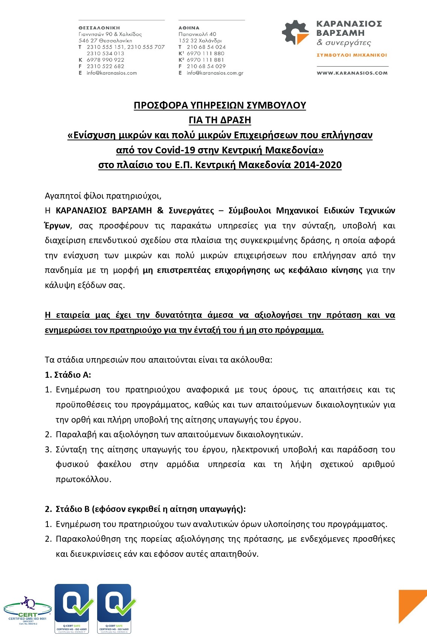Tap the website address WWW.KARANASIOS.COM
(352, 73)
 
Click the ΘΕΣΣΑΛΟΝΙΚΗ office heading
(99, 28)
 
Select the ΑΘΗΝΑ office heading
(189, 28)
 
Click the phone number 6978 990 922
(105, 60)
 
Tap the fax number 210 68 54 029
(206, 66)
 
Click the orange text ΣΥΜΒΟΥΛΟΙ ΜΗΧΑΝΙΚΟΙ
(352, 55)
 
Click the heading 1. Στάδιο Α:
(68, 375)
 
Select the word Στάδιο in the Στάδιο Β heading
(70, 509)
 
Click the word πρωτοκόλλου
(83, 480)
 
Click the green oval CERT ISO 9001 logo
(27, 610)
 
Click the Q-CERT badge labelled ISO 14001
(114, 608)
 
